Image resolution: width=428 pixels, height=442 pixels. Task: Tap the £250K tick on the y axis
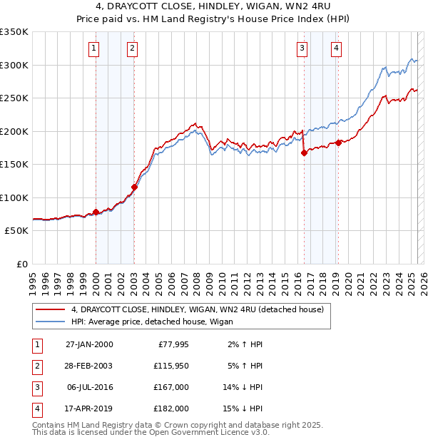(14, 98)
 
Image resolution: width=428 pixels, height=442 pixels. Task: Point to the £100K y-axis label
(14, 197)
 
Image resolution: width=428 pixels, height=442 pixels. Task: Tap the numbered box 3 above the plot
(302, 48)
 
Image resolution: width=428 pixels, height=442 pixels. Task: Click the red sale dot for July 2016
(305, 153)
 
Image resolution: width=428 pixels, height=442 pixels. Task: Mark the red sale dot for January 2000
(96, 212)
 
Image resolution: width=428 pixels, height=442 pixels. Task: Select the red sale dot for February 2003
(134, 187)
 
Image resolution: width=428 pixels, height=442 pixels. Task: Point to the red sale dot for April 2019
(339, 143)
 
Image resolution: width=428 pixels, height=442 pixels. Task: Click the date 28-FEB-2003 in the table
(89, 366)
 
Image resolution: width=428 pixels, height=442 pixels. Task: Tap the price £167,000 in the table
(172, 387)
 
